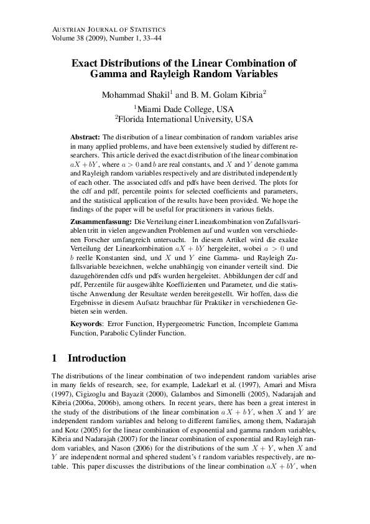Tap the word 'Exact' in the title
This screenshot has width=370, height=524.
point(86,63)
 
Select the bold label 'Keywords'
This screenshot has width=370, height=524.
point(86,324)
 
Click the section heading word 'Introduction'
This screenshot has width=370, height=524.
point(96,358)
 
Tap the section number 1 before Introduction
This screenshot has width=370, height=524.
point(55,358)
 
